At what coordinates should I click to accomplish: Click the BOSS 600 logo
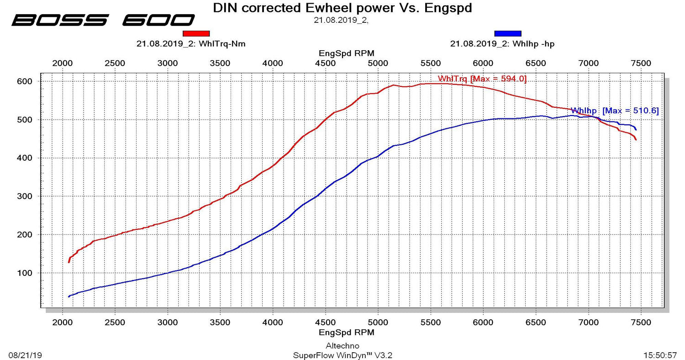(x=103, y=20)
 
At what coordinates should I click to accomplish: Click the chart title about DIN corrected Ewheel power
(x=342, y=8)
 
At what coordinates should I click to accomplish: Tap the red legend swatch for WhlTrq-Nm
(x=196, y=33)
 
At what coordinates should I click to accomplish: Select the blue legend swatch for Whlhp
(x=507, y=33)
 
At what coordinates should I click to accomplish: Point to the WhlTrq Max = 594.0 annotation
(x=482, y=79)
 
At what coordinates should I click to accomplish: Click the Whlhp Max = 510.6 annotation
(x=615, y=111)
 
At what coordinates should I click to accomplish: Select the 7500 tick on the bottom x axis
(x=641, y=323)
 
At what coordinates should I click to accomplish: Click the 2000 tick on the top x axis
(x=62, y=63)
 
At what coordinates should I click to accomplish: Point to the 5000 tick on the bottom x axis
(x=378, y=323)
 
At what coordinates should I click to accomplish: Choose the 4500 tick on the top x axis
(x=325, y=63)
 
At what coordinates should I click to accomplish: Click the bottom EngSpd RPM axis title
(x=346, y=332)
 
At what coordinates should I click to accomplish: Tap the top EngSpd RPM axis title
(x=346, y=53)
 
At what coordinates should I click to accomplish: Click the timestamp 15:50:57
(x=660, y=355)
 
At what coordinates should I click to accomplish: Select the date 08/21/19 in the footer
(x=25, y=355)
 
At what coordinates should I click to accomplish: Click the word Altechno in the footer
(x=342, y=346)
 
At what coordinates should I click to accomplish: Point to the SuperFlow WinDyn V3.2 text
(x=342, y=355)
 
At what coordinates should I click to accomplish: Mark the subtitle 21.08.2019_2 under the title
(x=341, y=20)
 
